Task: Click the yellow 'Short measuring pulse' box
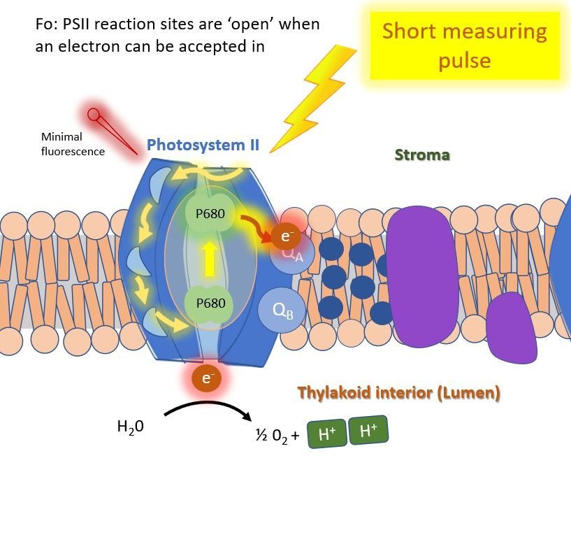[x=465, y=45]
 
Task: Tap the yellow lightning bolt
[x=311, y=98]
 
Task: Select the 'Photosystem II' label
[x=203, y=145]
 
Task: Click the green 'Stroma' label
[x=422, y=155]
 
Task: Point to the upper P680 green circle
[x=210, y=214]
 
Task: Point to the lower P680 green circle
[x=210, y=303]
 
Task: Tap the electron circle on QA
[x=286, y=236]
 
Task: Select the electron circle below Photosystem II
[x=207, y=378]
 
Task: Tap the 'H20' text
[x=131, y=426]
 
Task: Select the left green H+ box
[x=327, y=434]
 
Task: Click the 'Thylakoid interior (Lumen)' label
[x=398, y=393]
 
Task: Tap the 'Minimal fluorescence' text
[x=72, y=144]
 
